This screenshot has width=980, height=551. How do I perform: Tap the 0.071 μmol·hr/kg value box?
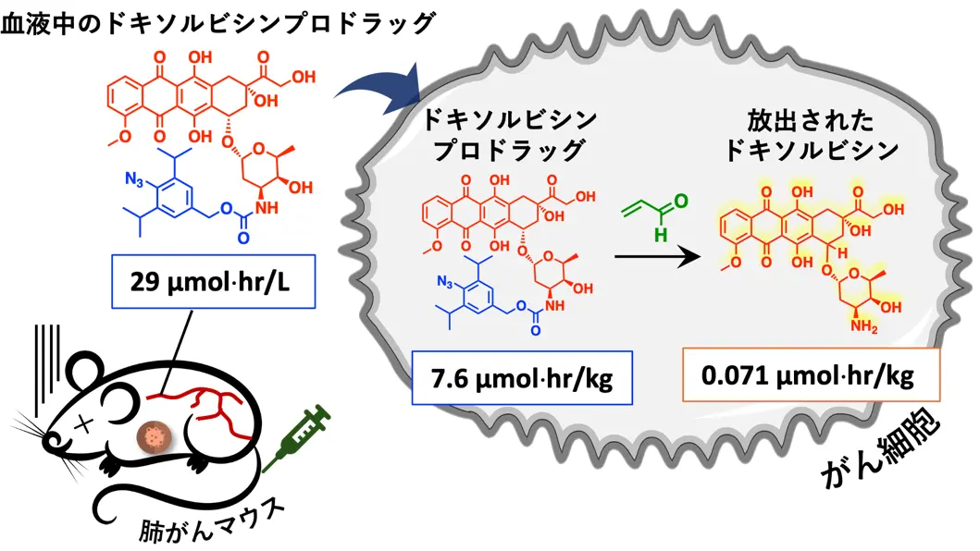coord(811,375)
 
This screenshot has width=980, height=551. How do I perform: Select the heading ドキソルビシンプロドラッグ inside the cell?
coord(508,135)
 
